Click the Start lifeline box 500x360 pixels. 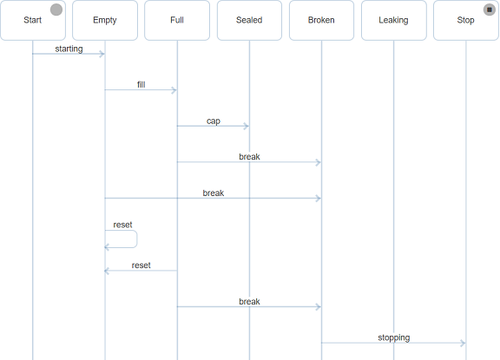33,21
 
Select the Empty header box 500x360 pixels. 105,21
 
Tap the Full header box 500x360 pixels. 177,21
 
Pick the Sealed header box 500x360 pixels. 249,21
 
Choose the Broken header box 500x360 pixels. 321,21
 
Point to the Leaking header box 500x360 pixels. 394,21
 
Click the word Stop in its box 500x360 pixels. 465,20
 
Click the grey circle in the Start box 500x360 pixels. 56,10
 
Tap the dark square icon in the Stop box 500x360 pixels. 490,10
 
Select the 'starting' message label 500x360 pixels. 69,49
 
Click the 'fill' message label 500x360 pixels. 141,84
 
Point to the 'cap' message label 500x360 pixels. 214,121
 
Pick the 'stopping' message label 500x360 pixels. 394,337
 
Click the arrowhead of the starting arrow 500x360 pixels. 102,54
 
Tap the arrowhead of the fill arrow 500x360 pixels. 174,90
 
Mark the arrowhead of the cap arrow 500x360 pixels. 247,126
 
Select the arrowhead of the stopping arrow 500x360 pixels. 463,344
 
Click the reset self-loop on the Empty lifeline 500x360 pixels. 137,239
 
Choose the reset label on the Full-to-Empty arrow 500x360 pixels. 141,265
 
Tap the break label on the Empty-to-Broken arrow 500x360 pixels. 214,193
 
